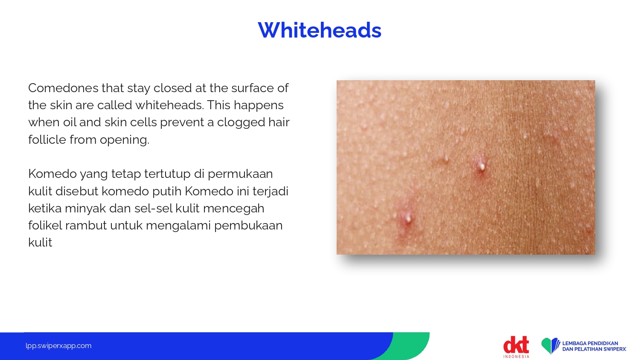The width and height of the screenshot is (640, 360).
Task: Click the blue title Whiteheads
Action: [x=320, y=30]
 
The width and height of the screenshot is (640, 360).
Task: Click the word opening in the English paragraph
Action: [x=124, y=140]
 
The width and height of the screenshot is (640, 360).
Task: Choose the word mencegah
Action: [x=234, y=209]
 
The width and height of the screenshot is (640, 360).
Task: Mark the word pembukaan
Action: [x=249, y=226]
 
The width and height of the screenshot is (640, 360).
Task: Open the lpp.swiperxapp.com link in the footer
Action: [x=58, y=346]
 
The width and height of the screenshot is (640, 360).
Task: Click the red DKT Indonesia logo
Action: [x=516, y=347]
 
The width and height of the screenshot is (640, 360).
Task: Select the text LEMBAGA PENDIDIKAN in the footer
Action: [x=590, y=343]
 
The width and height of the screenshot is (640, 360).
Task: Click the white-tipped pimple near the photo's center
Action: [x=482, y=167]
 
